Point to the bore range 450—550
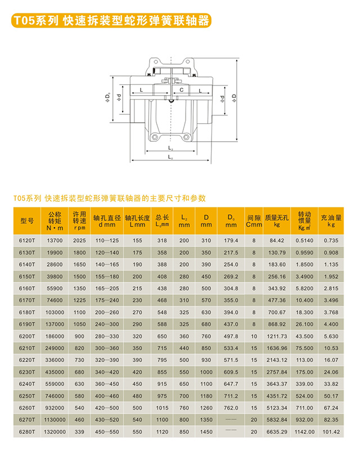107,432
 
